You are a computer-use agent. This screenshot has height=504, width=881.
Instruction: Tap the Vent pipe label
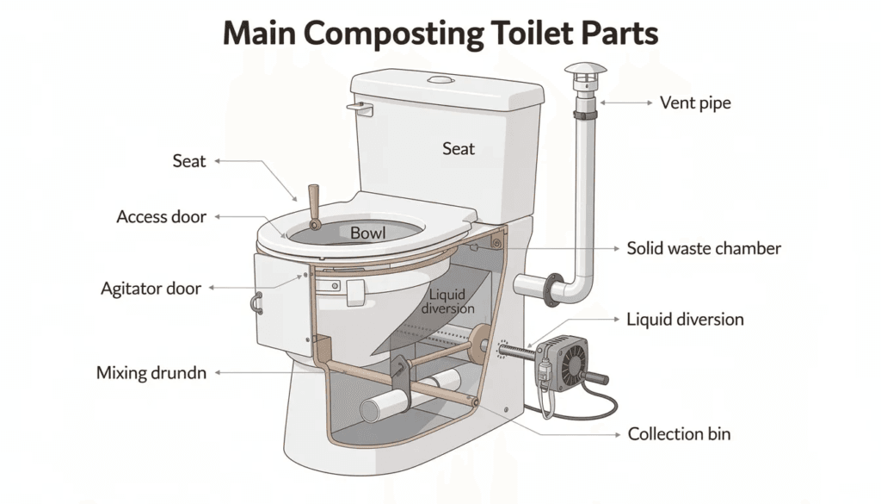click(694, 103)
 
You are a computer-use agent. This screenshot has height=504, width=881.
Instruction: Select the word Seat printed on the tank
click(459, 149)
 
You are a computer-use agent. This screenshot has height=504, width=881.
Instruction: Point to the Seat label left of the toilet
click(189, 161)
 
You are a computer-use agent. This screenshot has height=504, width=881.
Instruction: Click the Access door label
click(162, 217)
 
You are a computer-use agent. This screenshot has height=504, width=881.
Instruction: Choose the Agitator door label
click(150, 289)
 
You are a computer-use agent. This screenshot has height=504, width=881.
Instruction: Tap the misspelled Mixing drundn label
click(151, 374)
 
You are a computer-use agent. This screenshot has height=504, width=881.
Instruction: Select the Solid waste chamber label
click(704, 248)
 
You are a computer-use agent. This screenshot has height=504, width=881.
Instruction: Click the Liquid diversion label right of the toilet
click(685, 320)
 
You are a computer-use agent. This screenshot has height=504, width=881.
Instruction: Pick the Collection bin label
click(679, 434)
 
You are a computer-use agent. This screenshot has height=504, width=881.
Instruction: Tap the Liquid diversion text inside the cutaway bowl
click(447, 302)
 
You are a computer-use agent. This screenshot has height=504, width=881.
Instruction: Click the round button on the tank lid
click(441, 80)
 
